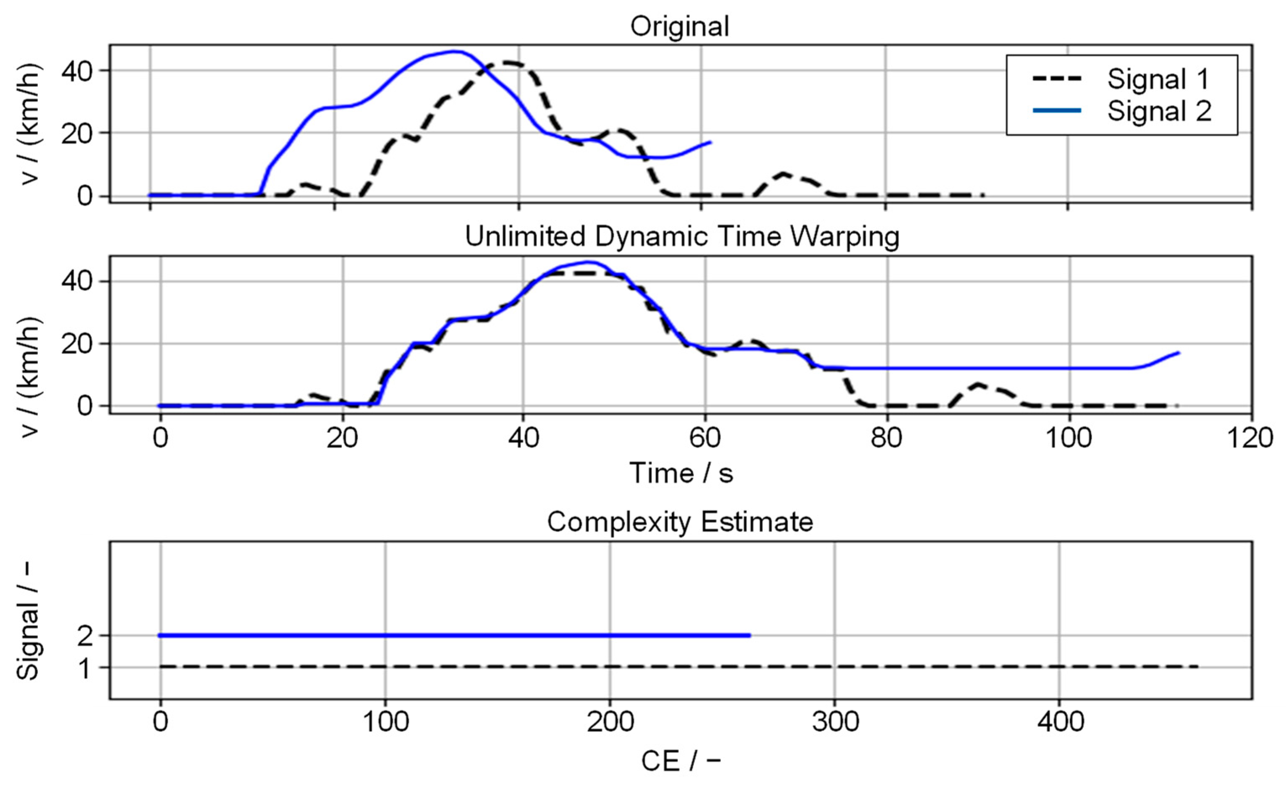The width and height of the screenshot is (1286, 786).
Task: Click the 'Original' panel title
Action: (x=680, y=26)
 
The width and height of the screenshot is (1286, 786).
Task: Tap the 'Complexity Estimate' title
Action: (x=680, y=521)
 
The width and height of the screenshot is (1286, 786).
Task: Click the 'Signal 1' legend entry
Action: (x=1158, y=79)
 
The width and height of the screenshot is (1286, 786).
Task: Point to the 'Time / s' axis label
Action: (x=681, y=473)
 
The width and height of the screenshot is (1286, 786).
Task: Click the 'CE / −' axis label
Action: (x=681, y=761)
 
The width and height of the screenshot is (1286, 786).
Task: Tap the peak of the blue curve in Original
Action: (x=455, y=51)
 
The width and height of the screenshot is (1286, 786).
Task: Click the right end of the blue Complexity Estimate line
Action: (x=749, y=635)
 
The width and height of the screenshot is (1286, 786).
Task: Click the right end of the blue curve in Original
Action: (x=710, y=141)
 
